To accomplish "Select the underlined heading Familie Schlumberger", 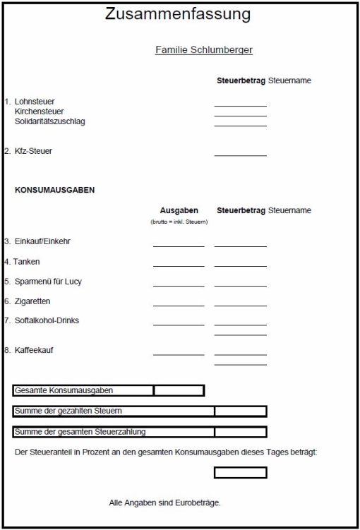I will pos(203,50).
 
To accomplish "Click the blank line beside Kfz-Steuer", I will pos(240,152).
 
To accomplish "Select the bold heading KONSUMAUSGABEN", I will pos(54,190).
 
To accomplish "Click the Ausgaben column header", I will pos(179,210).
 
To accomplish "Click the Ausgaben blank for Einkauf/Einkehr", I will pos(179,243).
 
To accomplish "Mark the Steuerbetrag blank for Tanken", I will pos(240,264).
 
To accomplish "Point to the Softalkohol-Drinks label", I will pos(47,320).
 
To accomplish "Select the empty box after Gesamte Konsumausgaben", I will pos(179,390).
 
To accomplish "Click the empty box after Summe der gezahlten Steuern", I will pos(240,411).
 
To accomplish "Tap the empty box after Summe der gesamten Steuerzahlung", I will pos(240,432).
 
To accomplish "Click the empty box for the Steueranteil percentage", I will pos(240,472).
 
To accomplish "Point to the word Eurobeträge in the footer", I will pos(200,503).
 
